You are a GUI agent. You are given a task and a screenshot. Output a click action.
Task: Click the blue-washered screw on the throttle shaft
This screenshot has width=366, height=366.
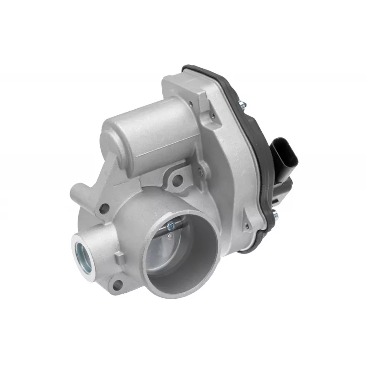(x=170, y=224)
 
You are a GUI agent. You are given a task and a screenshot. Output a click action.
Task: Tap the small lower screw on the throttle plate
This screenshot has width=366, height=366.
(x=170, y=236)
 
